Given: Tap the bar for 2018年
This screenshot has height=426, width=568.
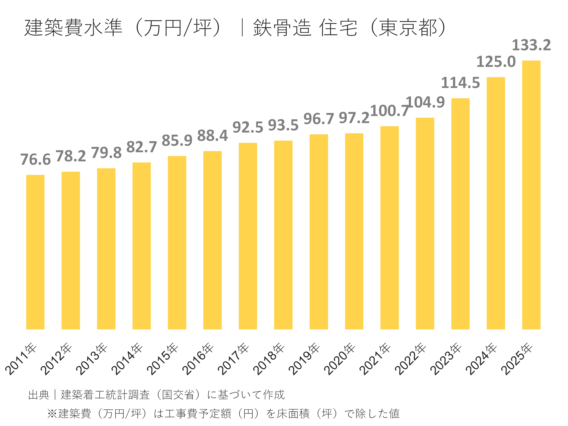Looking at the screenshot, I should [283, 235].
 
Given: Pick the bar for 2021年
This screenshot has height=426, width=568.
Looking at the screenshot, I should [389, 228].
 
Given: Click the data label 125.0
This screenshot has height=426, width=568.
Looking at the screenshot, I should [496, 62].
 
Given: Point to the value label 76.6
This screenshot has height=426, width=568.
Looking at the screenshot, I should [35, 160].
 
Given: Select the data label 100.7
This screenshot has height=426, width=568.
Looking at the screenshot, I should [389, 111].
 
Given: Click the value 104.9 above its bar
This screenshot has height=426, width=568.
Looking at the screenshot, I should [425, 102].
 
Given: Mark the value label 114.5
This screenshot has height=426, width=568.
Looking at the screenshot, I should [460, 83].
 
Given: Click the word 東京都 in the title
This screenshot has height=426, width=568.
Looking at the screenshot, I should [408, 27].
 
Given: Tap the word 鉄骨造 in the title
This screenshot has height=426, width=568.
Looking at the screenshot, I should [282, 27].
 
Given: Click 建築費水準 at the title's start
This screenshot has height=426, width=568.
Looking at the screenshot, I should [73, 27].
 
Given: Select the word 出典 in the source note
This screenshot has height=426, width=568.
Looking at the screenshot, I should [38, 395].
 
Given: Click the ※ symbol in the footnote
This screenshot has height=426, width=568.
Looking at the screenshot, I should [52, 413].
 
